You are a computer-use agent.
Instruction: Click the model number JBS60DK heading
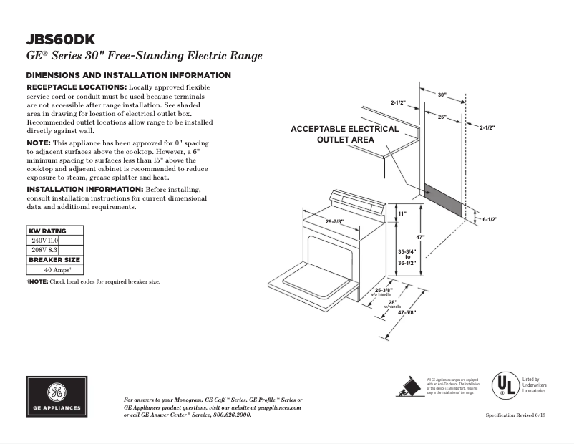click(x=61, y=40)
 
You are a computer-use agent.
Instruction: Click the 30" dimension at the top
click(x=442, y=95)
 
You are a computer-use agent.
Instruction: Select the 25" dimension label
click(x=442, y=116)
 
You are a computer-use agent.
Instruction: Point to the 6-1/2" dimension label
click(x=490, y=219)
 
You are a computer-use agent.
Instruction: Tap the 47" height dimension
click(x=421, y=237)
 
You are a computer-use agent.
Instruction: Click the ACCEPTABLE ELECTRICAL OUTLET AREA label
click(x=344, y=134)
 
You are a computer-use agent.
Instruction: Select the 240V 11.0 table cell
click(x=44, y=241)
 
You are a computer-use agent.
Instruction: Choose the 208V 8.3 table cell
click(x=44, y=251)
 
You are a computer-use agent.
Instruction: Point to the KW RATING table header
click(x=47, y=231)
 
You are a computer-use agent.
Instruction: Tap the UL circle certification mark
click(x=505, y=385)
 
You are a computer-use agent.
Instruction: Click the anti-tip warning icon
click(x=409, y=386)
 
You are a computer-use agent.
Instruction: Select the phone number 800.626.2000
click(x=233, y=415)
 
